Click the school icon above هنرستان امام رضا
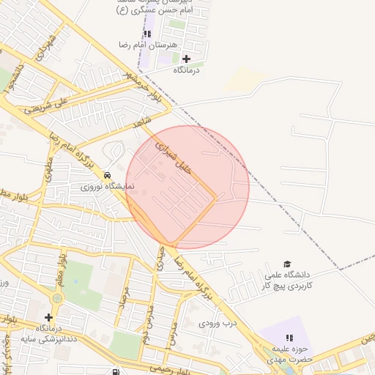coord(147,34)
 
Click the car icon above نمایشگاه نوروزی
coord(108,176)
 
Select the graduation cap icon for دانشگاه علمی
coord(287,264)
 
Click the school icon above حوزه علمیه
coord(289,338)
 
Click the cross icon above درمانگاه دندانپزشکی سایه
coord(48,317)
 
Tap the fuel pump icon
coord(116,372)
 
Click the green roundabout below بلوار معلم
coord(57,298)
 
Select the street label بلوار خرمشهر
coord(140,83)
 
